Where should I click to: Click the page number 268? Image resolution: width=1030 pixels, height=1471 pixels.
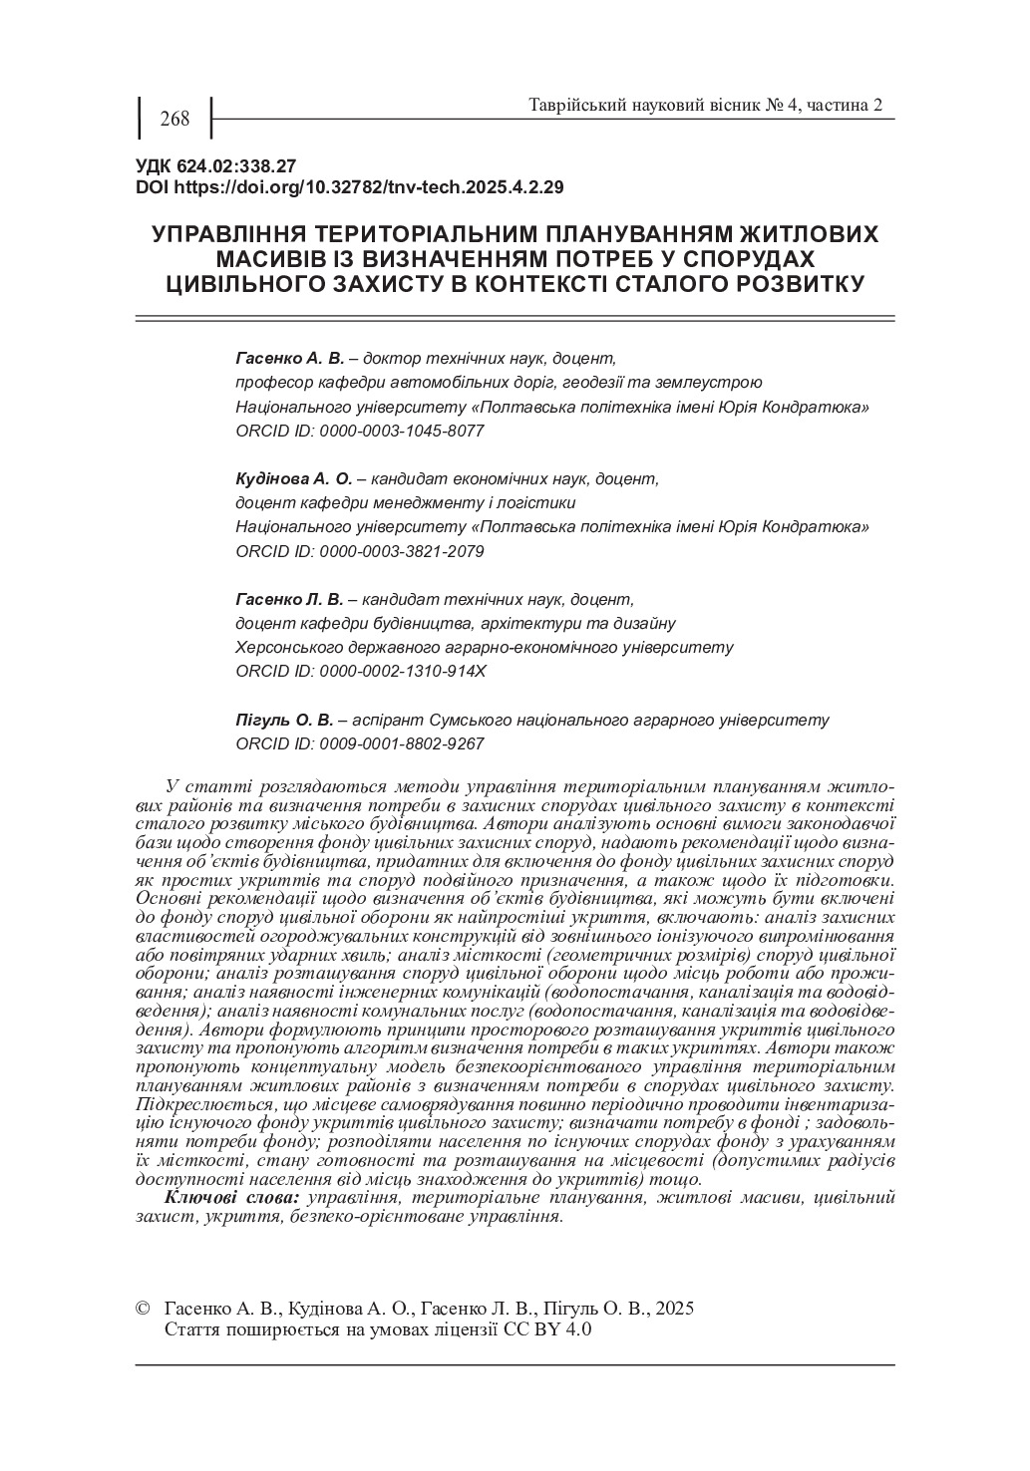click(173, 120)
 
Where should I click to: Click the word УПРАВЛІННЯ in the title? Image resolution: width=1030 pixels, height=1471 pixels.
click(228, 235)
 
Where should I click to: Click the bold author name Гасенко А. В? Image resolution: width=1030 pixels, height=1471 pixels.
click(289, 357)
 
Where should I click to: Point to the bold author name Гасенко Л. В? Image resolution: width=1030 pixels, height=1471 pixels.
click(289, 599)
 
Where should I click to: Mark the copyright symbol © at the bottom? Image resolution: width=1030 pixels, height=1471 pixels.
click(143, 1308)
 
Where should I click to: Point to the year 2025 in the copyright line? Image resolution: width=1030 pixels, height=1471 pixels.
click(675, 1308)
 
